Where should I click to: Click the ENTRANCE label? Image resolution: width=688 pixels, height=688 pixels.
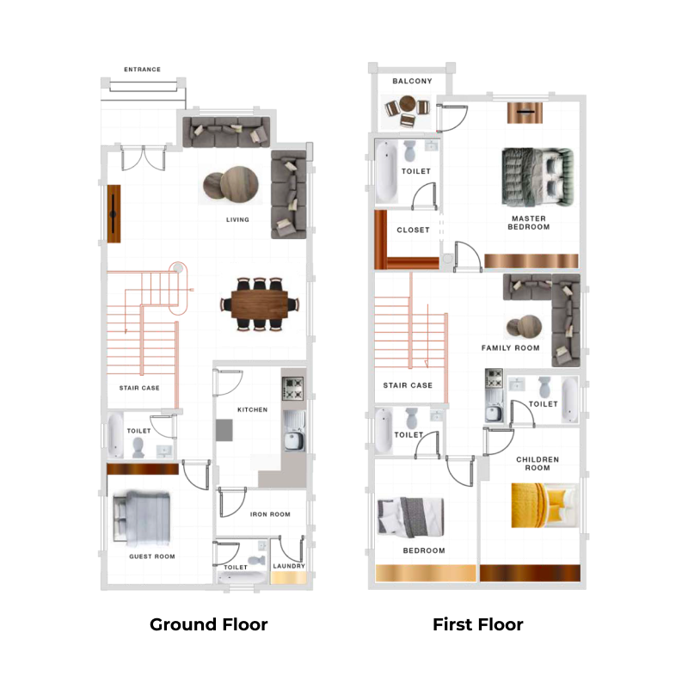pos(142,70)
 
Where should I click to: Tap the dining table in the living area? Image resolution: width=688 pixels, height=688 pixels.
pos(259,303)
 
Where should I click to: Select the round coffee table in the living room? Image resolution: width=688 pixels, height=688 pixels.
pos(230,183)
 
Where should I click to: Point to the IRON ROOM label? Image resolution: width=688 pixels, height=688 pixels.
pos(270,514)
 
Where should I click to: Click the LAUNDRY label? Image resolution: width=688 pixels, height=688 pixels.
pos(288,567)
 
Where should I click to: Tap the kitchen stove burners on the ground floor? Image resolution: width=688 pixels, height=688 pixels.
pos(293,388)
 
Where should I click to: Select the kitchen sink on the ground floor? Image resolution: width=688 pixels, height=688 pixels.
pos(292,441)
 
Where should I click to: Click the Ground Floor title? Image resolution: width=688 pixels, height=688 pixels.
pos(208,624)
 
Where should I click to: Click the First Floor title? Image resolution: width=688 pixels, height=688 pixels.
pos(477,624)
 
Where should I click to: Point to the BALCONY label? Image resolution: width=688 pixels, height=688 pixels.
pos(412,82)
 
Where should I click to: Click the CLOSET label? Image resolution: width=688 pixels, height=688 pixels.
pos(413,230)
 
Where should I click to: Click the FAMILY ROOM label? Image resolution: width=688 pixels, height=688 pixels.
pos(510,348)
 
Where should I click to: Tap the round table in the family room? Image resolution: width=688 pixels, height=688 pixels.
pos(523,328)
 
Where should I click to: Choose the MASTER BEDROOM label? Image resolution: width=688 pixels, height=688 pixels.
pos(528,223)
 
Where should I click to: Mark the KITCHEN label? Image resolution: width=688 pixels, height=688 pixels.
pos(253,410)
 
